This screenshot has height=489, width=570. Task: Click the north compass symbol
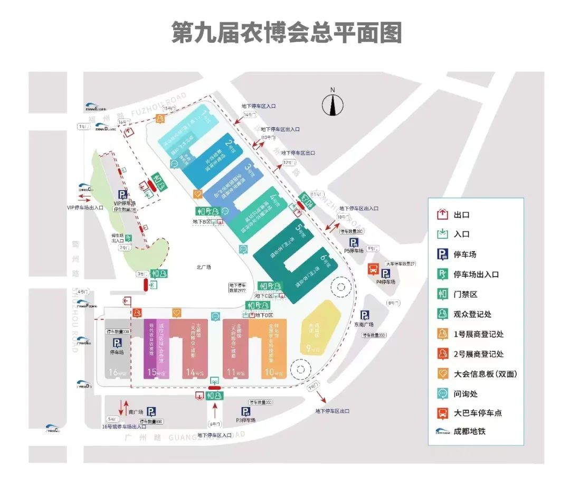point(332,106)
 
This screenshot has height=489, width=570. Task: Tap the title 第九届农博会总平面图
point(287,32)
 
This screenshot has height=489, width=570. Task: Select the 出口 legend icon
point(442,215)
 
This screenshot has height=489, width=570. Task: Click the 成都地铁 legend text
point(469,431)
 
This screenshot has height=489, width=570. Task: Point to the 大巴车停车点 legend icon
point(442,413)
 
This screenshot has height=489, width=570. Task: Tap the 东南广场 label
point(364,325)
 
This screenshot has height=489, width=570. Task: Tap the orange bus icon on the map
point(373,270)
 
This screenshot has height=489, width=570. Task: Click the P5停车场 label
point(354,251)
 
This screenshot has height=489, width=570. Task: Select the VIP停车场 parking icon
point(122,194)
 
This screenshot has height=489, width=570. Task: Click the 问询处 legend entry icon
point(442,393)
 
